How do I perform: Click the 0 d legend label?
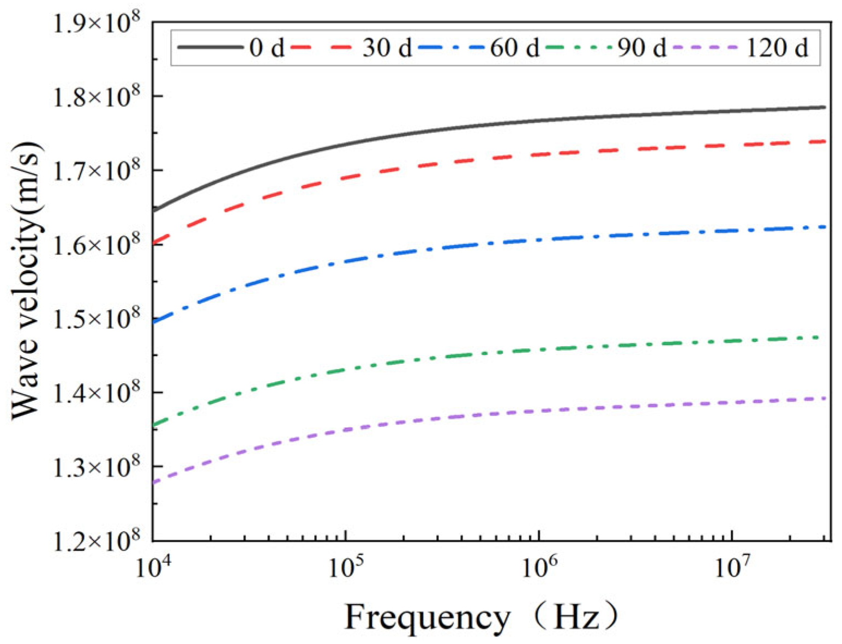tap(267, 48)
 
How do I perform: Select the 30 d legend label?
tap(387, 48)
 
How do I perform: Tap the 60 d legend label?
tap(514, 48)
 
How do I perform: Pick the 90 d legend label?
tap(642, 48)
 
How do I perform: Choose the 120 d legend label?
tap(777, 48)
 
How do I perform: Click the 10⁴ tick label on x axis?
tap(152, 567)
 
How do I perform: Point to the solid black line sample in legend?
tap(211, 47)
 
